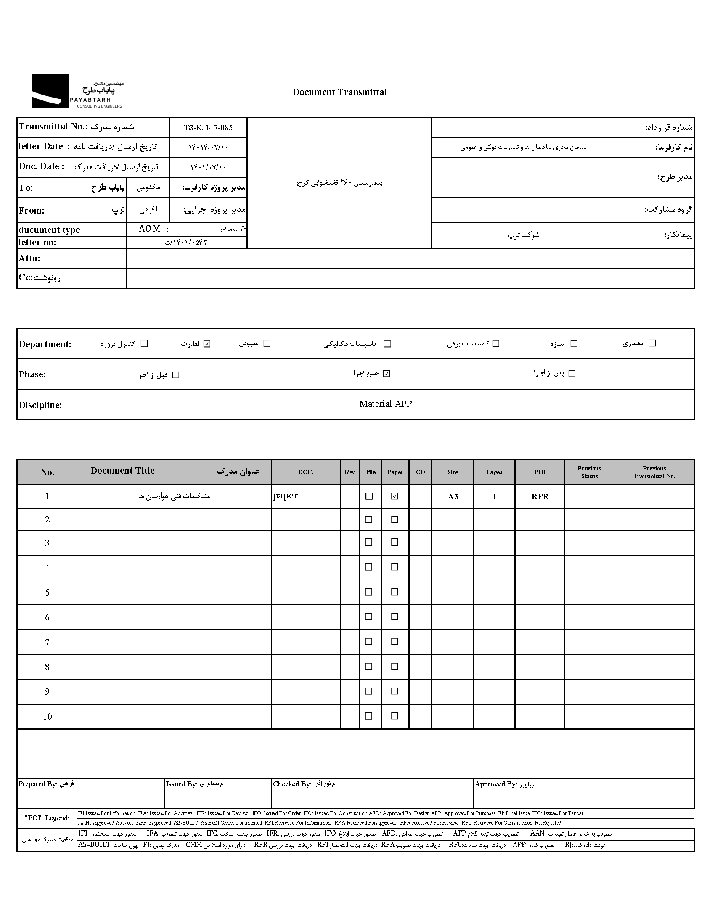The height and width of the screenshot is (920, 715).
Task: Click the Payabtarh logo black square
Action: [x=50, y=91]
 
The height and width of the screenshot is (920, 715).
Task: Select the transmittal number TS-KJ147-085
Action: [x=208, y=128]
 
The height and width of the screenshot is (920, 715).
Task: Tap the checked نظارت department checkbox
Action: [x=207, y=344]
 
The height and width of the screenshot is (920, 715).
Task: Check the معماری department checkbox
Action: [x=652, y=343]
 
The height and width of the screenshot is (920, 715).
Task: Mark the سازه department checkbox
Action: [x=574, y=344]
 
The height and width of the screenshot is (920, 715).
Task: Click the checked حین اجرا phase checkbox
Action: [x=387, y=374]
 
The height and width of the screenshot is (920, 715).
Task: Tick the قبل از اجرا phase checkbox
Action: [x=176, y=375]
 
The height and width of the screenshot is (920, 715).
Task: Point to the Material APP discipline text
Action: [x=385, y=404]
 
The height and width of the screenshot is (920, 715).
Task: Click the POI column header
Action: [x=540, y=472]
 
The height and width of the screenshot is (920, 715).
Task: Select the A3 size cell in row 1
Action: [x=453, y=497]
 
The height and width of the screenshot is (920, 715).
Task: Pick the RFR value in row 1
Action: [x=540, y=497]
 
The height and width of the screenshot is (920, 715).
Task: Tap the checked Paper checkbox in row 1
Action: [x=395, y=496]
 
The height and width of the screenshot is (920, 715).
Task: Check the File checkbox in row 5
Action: [x=368, y=592]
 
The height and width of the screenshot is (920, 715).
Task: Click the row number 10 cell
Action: [x=47, y=717]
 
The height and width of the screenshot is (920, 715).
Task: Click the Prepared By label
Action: [x=37, y=784]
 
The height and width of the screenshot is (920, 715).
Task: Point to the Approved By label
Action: [x=495, y=784]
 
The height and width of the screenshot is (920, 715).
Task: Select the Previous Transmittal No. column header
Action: [x=654, y=472]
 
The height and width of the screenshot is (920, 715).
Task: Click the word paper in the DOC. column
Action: [x=286, y=496]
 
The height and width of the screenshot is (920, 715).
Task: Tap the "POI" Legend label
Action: [x=47, y=818]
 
